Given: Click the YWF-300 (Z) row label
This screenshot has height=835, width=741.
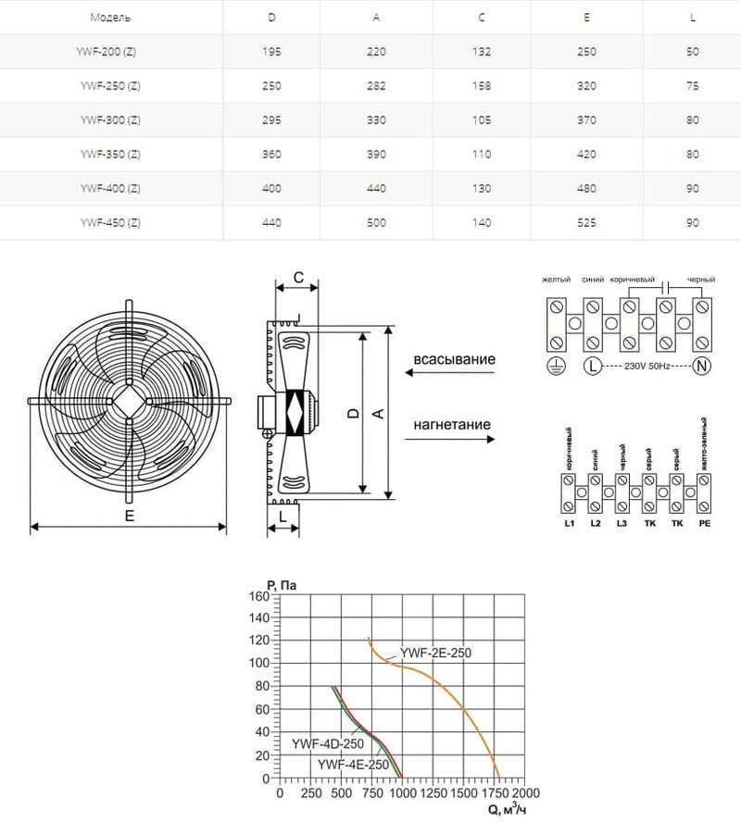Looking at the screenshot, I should [x=110, y=119].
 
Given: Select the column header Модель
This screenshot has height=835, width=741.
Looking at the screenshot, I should [x=110, y=19].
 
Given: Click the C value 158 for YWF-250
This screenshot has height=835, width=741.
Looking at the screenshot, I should [x=482, y=86].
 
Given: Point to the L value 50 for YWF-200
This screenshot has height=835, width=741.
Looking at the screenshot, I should [x=693, y=53].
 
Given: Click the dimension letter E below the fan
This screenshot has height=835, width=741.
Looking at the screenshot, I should [x=130, y=517].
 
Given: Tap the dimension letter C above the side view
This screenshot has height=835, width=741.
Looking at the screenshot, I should [x=297, y=277].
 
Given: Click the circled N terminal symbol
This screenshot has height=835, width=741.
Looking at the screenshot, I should [x=701, y=367].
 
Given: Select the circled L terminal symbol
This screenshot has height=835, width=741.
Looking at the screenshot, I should [x=592, y=367].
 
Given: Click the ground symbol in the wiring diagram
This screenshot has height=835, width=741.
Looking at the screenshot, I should [x=557, y=367].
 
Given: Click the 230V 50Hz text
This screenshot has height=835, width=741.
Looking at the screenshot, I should [x=647, y=367].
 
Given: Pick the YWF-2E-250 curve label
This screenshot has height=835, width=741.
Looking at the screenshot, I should [x=435, y=653].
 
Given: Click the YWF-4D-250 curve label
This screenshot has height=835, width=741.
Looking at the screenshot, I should [x=320, y=743].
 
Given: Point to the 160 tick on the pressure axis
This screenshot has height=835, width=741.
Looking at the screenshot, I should [x=257, y=596].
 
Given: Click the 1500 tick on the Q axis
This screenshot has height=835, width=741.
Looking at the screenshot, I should [x=462, y=793].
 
